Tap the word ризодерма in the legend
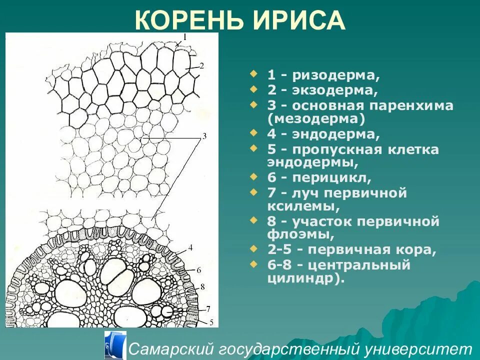tap(335, 76)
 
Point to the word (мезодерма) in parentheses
tap(316, 119)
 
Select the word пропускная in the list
tap(340, 149)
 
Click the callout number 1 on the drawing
tap(184, 36)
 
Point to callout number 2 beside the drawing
tap(201, 65)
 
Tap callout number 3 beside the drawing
tap(204, 136)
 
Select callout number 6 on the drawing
tap(198, 270)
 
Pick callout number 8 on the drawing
tap(202, 286)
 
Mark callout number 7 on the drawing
tap(208, 308)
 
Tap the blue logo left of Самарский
tap(115, 345)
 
